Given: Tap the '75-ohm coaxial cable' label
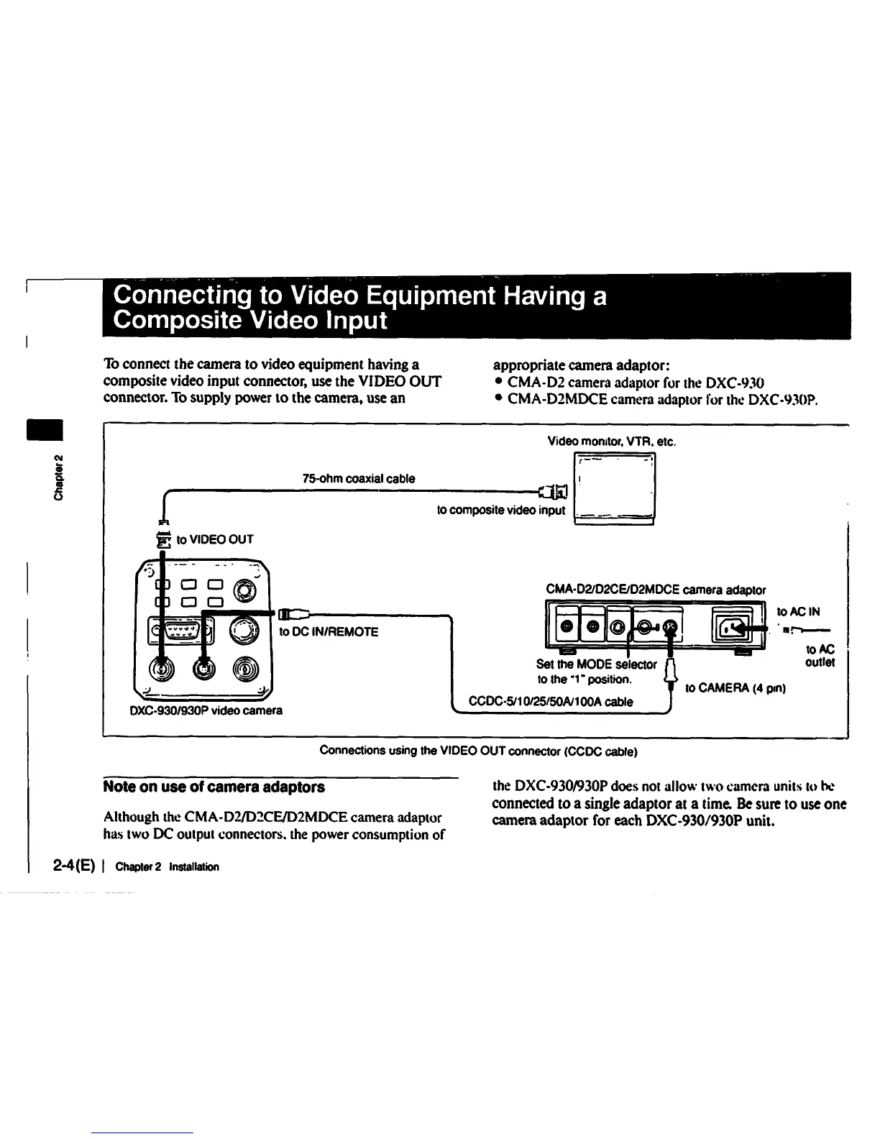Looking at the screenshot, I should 359,479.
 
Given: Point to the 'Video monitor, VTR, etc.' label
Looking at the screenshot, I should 611,441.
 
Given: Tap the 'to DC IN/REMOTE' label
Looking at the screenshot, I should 328,632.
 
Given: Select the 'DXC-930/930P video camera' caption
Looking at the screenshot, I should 205,710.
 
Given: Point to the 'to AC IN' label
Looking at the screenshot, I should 798,613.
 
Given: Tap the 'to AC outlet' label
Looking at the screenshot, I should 820,656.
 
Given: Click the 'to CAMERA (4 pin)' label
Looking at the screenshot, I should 735,688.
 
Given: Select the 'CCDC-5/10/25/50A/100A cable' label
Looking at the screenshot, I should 551,702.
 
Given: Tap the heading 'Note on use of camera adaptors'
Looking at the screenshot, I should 214,787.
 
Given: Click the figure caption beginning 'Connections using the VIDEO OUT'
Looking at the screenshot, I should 478,751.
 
